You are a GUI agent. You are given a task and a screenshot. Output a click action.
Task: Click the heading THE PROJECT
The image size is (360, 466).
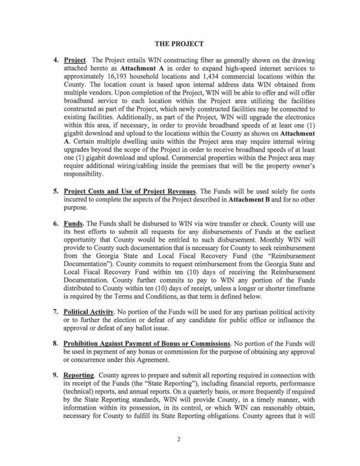click(179, 44)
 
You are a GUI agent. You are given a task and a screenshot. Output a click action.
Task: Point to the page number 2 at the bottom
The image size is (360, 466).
click(179, 440)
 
